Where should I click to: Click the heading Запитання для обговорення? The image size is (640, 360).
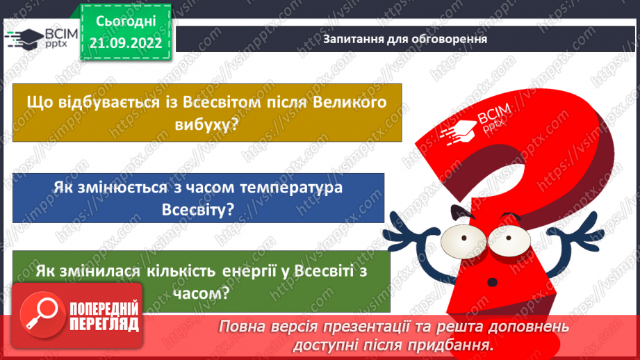coord(404,39)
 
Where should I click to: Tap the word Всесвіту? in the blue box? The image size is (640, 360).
coord(197,209)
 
